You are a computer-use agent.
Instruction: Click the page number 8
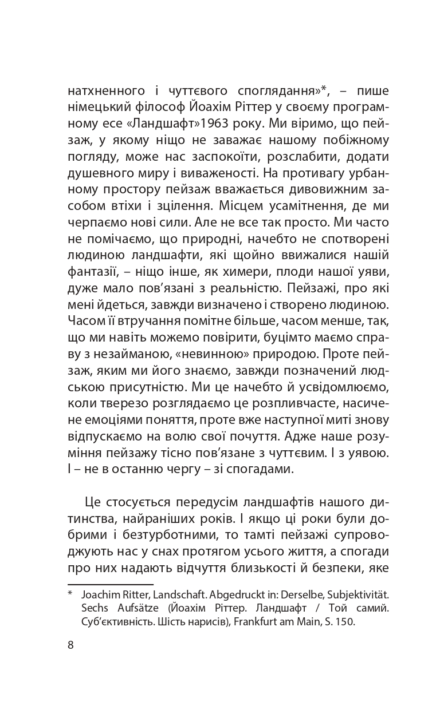pos(70,645)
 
